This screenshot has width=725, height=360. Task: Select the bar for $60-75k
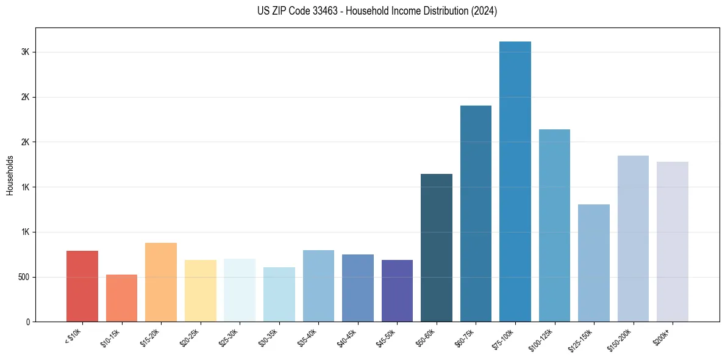tap(476, 214)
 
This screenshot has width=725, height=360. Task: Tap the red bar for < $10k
tap(82, 286)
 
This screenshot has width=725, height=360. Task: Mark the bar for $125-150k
tap(593, 263)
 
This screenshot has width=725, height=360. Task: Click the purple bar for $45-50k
tap(397, 290)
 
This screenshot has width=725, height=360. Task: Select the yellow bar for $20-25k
tap(200, 290)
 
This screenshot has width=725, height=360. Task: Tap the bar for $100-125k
tap(554, 225)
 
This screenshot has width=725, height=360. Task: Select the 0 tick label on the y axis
tap(28, 322)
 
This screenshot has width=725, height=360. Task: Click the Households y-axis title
tap(10, 175)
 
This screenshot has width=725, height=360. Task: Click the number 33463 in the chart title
tap(329, 11)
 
